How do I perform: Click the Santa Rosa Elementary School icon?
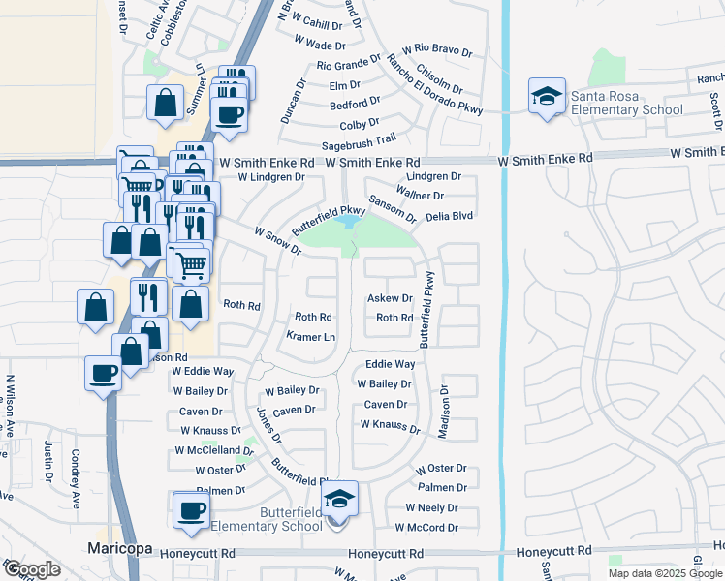point(547,96)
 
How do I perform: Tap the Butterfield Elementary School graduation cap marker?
point(339,499)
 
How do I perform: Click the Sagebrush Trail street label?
point(359,142)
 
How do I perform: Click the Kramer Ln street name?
point(311,337)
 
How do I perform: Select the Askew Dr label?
point(391,299)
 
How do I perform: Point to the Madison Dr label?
point(445,413)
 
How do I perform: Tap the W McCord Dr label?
point(426,528)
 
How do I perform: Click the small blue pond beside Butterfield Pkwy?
point(345,223)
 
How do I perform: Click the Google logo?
point(31,569)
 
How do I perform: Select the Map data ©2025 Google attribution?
point(665,573)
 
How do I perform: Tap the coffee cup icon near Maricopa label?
point(190,510)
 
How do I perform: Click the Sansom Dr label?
point(392,205)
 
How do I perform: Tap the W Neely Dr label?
point(431,507)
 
